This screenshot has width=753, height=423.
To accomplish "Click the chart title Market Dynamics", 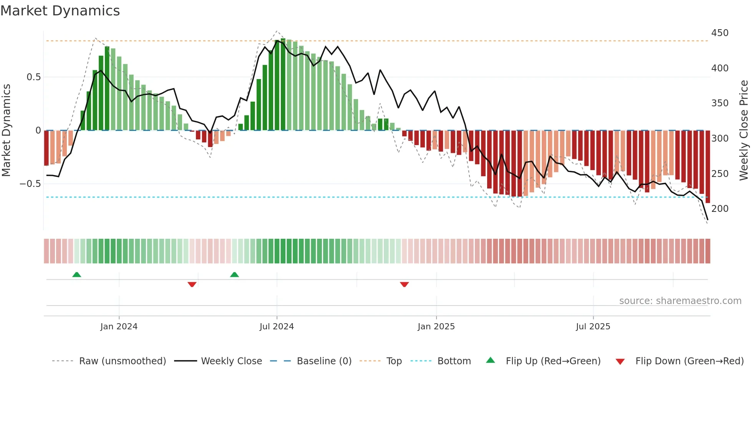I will pos(60,11).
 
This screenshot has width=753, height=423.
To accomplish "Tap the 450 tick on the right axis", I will pos(720,33).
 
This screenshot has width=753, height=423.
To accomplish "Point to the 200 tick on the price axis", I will pos(720,209).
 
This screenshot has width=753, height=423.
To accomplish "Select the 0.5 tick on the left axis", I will pos(33,77).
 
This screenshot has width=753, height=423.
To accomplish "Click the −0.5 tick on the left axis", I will pos(30,184).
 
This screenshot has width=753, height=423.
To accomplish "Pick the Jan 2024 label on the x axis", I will pos(119,327).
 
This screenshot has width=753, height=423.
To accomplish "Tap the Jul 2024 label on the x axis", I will pos(277,327).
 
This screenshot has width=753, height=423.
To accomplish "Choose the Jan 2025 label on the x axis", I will pos(436,327).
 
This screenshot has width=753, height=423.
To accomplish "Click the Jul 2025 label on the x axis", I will pos(593,327).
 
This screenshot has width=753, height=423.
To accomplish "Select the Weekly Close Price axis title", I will pos(744,131).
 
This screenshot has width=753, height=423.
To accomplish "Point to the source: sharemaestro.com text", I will pos(680,301).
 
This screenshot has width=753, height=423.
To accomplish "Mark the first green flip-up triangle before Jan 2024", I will pos(77,274).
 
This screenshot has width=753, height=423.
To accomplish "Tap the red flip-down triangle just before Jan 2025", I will pos(404,284).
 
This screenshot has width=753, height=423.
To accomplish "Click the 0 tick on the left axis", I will pos(38,131).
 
